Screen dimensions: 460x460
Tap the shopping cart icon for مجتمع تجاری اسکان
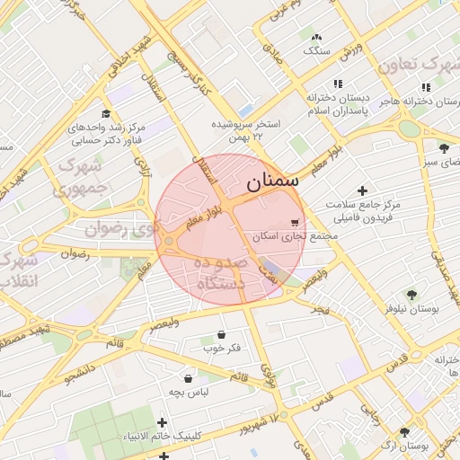pos(296,221)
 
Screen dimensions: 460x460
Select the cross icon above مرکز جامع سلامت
pos(362,190)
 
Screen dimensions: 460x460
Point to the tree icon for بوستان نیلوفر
pos(411,294)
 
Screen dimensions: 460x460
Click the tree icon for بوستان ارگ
pos(404,431)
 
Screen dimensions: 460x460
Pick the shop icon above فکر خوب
pos(221,334)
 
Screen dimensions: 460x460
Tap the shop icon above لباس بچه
pos(187,378)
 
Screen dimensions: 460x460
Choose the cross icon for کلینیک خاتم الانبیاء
pos(163,421)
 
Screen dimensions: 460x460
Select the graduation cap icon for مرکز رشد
pos(106,114)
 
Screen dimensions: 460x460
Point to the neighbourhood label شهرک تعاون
pos(418,66)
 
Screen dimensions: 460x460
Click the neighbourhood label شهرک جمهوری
pos(80,177)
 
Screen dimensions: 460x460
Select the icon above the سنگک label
pos(315,37)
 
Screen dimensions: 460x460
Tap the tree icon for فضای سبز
pos(444,147)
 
